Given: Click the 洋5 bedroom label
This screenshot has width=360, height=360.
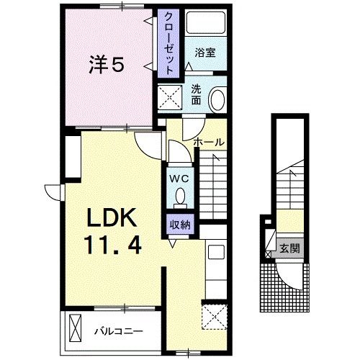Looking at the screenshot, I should tap(106, 66).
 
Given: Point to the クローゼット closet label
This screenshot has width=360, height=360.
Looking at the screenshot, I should tap(168, 44).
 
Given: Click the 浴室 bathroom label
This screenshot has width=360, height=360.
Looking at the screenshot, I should tap(204, 53).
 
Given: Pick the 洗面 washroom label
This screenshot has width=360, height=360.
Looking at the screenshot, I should tap(197, 96).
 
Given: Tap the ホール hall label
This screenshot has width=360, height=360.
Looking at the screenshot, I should tap(210, 142).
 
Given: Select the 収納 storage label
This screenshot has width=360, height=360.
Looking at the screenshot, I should tap(180, 225).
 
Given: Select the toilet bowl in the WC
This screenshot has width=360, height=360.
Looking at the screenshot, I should tap(180, 195).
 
